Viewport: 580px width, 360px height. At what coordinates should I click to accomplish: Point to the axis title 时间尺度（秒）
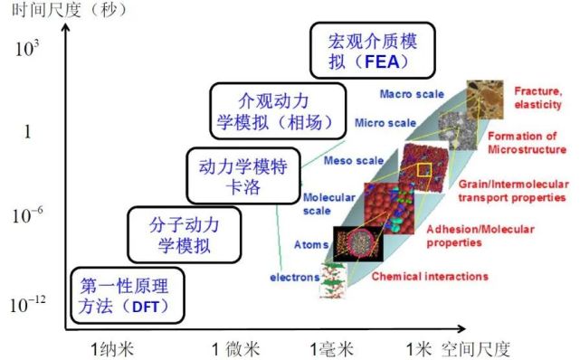tap(64, 12)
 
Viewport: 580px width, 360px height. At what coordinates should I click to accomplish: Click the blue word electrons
tap(294, 276)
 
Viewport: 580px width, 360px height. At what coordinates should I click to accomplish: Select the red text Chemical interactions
tap(431, 276)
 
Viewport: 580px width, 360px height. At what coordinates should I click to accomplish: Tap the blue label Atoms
tap(311, 244)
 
